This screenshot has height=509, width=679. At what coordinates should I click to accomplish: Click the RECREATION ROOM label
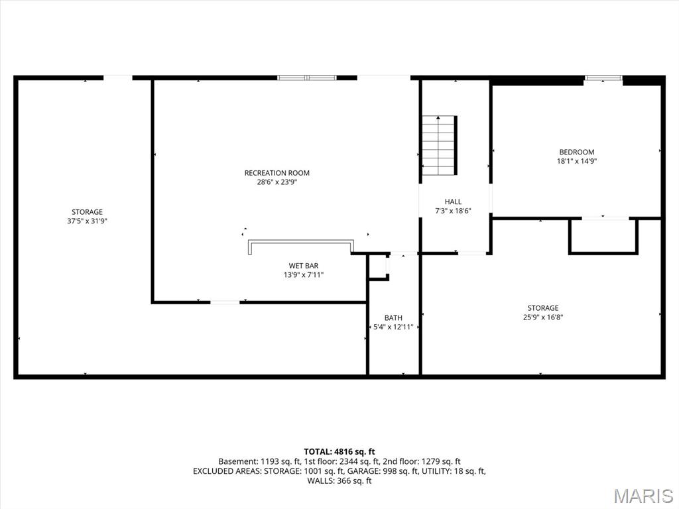click(x=277, y=173)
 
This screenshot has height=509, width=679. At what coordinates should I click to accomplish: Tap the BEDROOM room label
click(x=577, y=152)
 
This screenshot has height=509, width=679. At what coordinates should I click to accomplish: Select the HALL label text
click(x=453, y=201)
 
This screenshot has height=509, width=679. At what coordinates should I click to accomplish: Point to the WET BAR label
click(x=304, y=266)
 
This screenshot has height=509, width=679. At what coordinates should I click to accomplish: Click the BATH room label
click(x=393, y=318)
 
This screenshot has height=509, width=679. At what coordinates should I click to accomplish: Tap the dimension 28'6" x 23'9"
click(x=277, y=182)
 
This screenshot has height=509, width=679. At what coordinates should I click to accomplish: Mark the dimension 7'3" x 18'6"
click(x=453, y=211)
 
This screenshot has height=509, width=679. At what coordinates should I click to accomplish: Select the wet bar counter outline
click(x=301, y=241)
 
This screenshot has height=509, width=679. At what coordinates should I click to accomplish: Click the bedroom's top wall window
click(x=603, y=78)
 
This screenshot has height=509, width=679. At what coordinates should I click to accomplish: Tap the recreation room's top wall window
click(x=307, y=78)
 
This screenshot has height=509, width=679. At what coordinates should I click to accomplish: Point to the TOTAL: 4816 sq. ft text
click(x=339, y=452)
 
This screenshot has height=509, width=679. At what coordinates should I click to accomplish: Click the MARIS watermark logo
click(x=643, y=496)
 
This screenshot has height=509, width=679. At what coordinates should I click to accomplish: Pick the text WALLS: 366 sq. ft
click(x=339, y=481)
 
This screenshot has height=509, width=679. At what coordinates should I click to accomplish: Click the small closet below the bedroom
click(x=603, y=237)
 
